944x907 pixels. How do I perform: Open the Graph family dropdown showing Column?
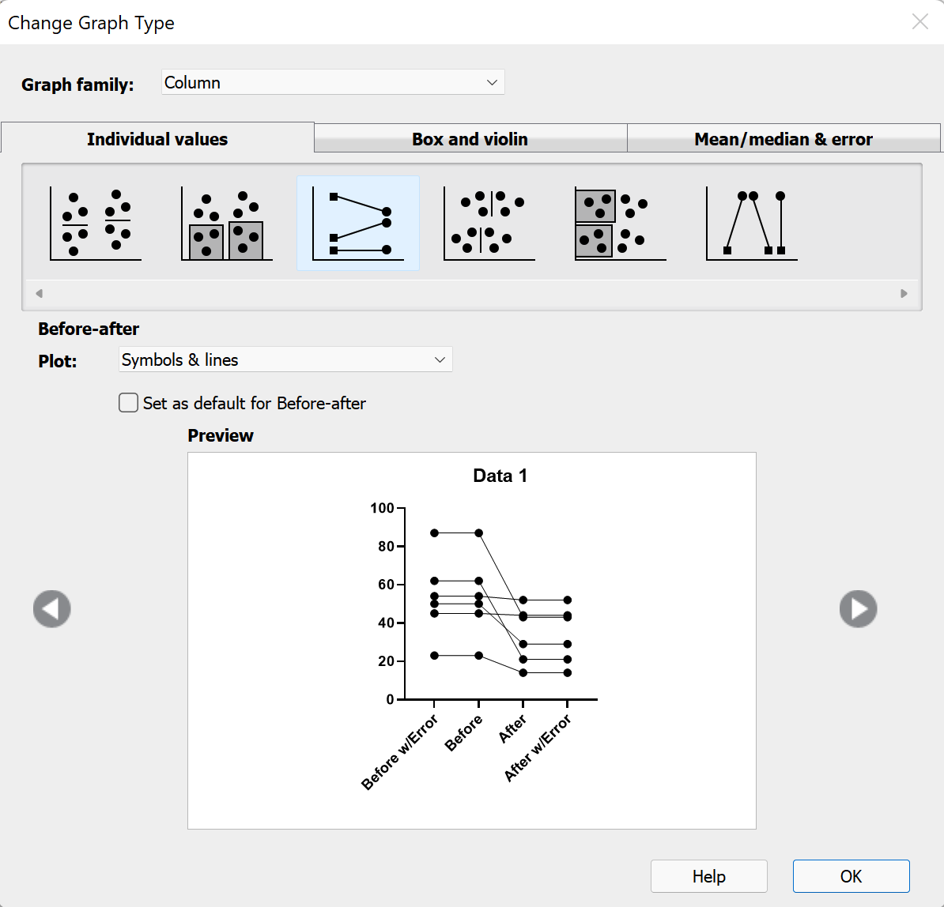tap(333, 83)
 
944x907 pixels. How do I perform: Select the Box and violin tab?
tap(470, 139)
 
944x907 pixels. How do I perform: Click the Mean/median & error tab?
tap(783, 139)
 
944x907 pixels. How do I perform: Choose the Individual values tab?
tap(157, 139)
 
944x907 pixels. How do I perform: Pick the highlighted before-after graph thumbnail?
tap(358, 224)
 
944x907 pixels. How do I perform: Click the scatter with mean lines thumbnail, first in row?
tap(96, 224)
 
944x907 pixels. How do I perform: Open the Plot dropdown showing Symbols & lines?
tap(285, 360)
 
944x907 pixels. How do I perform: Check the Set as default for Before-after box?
tap(128, 403)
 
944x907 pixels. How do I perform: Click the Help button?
tap(708, 876)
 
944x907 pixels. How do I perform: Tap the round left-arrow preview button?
tap(52, 609)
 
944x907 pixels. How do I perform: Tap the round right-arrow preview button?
tap(858, 609)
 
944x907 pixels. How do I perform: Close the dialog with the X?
tap(920, 22)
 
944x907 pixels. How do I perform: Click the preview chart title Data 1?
tap(500, 476)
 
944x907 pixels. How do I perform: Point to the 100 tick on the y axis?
tap(383, 508)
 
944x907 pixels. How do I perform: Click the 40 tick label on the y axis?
tap(386, 623)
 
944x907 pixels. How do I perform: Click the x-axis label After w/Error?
tap(538, 747)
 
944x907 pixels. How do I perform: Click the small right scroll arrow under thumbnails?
tap(904, 293)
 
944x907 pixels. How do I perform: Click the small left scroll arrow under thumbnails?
tap(39, 293)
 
